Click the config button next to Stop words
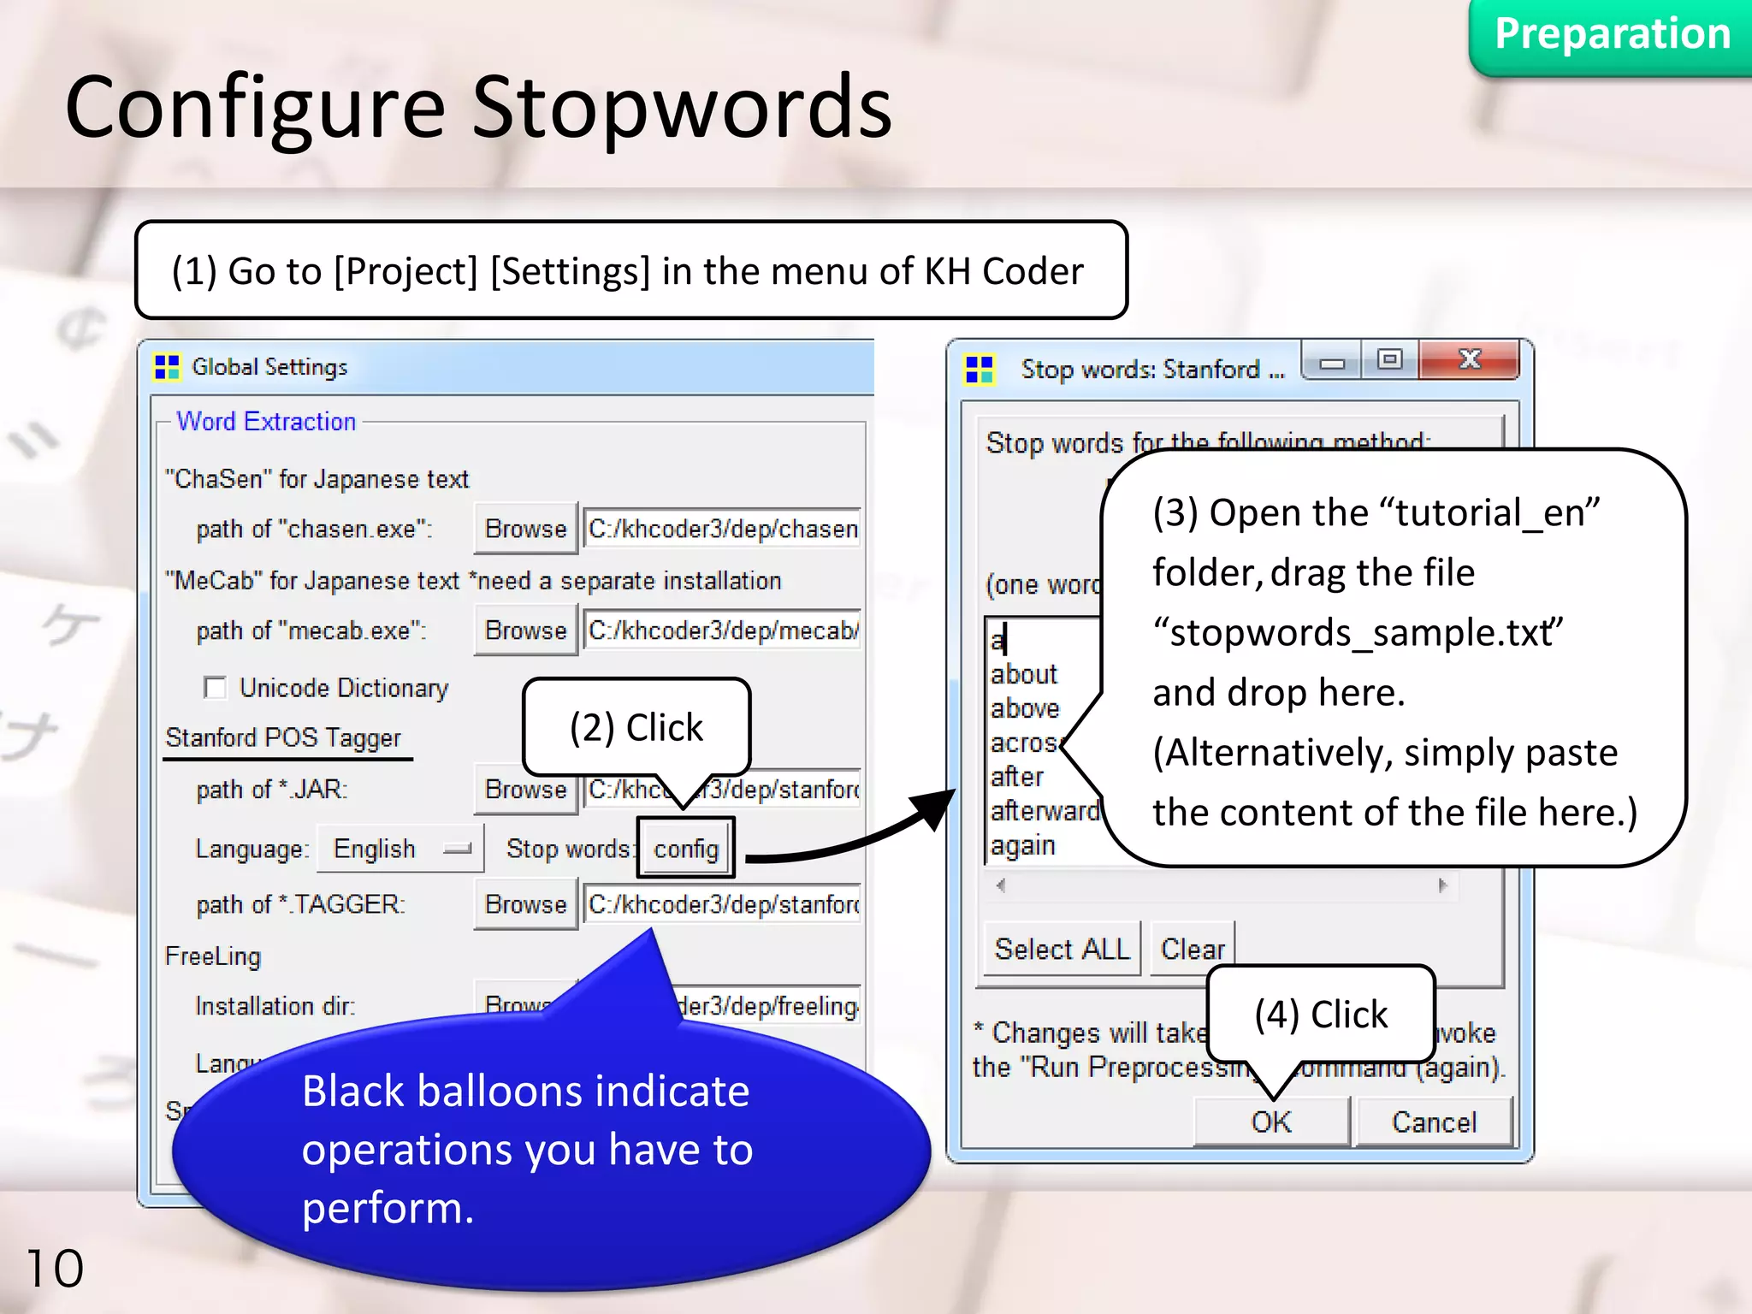[x=685, y=848]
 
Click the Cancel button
[x=1434, y=1122]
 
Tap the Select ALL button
[x=1062, y=949]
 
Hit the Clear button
[x=1193, y=949]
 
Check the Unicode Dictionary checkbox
[x=215, y=688]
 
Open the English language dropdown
[x=400, y=849]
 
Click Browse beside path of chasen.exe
[x=525, y=529]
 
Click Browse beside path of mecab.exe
[x=525, y=630]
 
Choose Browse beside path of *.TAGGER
[x=525, y=904]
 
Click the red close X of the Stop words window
[x=1469, y=359]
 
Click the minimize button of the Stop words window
[x=1332, y=363]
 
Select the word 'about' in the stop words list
[x=1024, y=674]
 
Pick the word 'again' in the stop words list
[x=1023, y=845]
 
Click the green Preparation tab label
[x=1612, y=34]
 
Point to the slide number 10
[x=55, y=1268]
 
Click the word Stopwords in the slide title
[x=681, y=108]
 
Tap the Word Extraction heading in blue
[x=266, y=421]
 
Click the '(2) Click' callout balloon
[x=636, y=727]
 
